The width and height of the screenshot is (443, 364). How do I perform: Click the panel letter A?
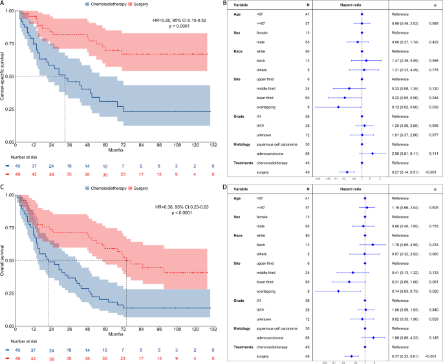click(3, 4)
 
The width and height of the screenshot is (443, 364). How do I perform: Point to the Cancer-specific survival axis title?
click(5, 76)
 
